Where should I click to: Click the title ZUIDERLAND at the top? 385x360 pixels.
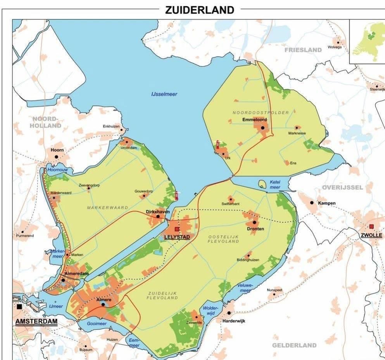(200, 10)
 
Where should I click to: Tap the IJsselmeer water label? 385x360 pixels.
(164, 94)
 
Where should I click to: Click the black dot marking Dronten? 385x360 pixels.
(254, 222)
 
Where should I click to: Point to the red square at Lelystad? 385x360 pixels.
(177, 229)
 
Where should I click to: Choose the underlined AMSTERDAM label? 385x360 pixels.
(36, 321)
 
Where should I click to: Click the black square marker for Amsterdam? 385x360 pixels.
(19, 306)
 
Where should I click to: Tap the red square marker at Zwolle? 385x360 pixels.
(371, 226)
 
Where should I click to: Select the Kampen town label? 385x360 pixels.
(326, 203)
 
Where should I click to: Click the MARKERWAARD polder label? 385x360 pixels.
(107, 208)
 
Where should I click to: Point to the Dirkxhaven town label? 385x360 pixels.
(158, 212)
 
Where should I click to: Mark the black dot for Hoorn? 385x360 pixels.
(57, 157)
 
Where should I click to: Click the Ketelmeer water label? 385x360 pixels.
(275, 184)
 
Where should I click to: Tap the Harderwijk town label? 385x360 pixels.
(233, 321)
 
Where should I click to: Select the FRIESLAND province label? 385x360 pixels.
(303, 50)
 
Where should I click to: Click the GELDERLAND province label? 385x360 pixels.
(294, 345)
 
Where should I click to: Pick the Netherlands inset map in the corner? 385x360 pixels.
(367, 41)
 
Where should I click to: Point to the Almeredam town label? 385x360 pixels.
(76, 273)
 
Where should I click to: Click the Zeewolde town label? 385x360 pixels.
(194, 322)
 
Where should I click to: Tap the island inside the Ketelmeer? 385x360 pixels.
(263, 185)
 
